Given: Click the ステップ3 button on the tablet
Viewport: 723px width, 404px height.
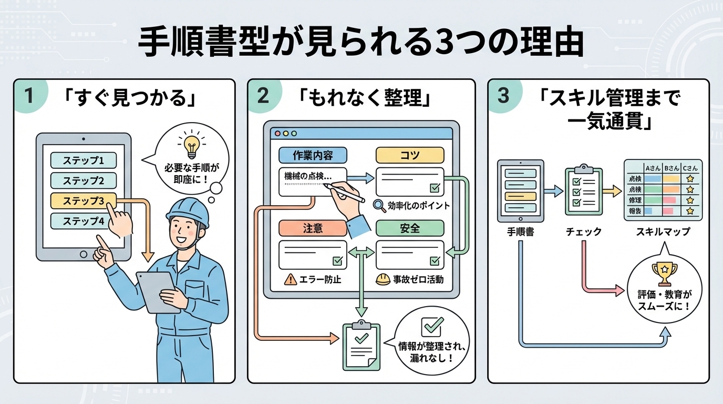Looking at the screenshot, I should point(83,201).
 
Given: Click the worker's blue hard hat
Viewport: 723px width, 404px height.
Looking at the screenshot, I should point(188,213).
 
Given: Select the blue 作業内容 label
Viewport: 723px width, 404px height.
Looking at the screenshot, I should point(312,155).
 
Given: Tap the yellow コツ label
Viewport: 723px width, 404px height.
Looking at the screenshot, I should point(410,155).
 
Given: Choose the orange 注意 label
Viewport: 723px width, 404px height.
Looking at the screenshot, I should point(312,228).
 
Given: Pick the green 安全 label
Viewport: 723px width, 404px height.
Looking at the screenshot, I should point(410,228).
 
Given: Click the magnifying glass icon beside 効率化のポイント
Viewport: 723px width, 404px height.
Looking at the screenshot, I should point(379,205).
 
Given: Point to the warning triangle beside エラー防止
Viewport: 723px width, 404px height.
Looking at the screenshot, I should point(290,279).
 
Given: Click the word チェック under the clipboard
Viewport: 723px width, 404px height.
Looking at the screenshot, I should point(584,231).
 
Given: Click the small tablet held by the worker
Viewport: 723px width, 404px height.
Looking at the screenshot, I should point(155,291).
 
